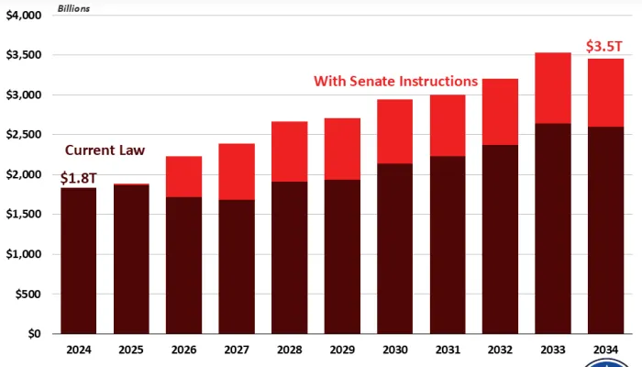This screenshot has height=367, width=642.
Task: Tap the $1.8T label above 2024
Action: (x=79, y=177)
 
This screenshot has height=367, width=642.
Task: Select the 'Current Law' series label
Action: (x=104, y=150)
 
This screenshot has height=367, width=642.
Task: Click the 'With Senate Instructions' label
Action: (x=395, y=81)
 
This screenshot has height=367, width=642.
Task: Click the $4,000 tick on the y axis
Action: (x=24, y=16)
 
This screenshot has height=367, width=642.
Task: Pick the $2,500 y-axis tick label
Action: (x=24, y=135)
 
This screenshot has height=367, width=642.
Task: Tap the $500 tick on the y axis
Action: (x=28, y=294)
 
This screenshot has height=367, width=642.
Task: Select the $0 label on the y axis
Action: (x=35, y=334)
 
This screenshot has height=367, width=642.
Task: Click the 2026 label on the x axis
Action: (x=183, y=350)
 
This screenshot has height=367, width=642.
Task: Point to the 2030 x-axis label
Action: (x=394, y=350)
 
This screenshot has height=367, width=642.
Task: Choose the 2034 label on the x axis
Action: (x=605, y=350)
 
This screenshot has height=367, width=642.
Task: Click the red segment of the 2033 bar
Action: (x=553, y=87)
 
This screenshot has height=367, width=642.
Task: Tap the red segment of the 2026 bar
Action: (x=183, y=176)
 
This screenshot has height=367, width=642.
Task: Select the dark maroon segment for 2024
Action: (x=79, y=261)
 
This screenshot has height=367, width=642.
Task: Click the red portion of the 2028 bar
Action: (x=289, y=151)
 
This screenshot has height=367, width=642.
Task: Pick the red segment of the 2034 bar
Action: (x=605, y=92)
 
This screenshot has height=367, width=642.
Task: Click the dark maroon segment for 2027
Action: (x=237, y=266)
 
